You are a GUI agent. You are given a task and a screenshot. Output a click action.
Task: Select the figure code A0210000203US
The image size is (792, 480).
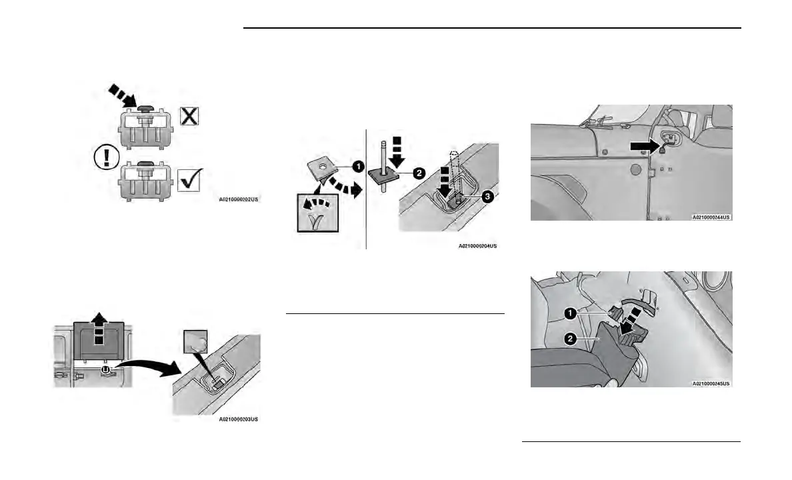point(238,419)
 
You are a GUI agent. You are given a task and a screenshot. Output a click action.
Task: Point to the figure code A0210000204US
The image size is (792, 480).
point(477,246)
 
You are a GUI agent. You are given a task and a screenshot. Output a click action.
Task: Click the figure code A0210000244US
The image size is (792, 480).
point(711,217)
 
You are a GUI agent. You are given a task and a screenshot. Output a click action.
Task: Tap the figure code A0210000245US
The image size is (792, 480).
point(711,384)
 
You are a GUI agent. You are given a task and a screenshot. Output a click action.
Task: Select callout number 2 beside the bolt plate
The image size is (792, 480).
point(419,172)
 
